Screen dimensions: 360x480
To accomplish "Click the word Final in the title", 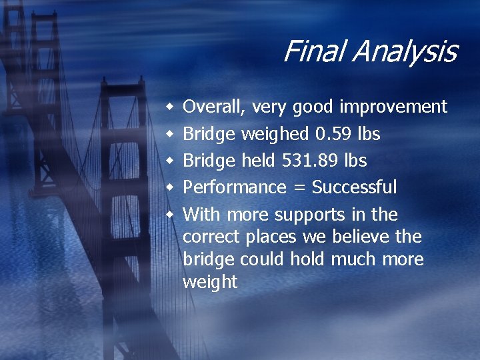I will [311, 51].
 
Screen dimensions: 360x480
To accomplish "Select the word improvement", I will [393, 107].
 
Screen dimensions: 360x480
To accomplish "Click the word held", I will [257, 161].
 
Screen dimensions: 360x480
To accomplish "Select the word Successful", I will [354, 187].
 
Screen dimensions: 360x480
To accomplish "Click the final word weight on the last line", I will [209, 282].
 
